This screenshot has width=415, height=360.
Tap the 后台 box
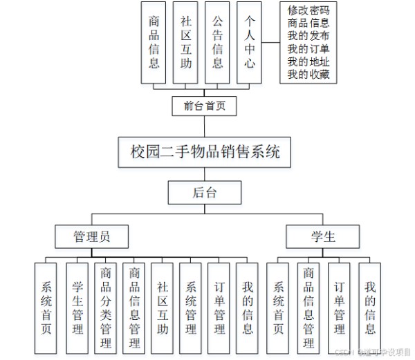pyautogui.click(x=205, y=192)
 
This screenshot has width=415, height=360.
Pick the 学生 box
pyautogui.click(x=323, y=236)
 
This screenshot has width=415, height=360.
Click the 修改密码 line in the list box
pyautogui.click(x=308, y=10)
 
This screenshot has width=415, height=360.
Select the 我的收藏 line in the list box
pyautogui.click(x=308, y=74)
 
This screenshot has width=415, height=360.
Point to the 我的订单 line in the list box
pyautogui.click(x=308, y=48)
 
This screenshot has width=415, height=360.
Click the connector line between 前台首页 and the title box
pyautogui.click(x=205, y=126)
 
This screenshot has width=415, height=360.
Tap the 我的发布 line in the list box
pyautogui.click(x=308, y=35)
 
